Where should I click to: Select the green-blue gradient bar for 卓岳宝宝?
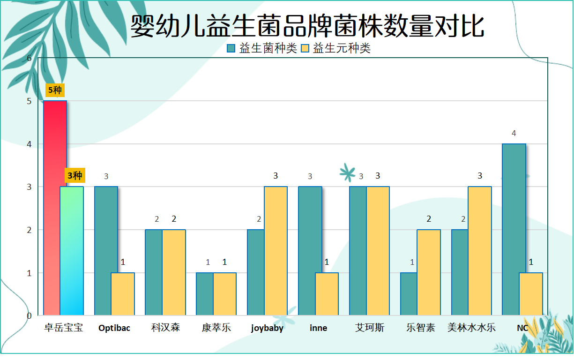(x=72, y=251)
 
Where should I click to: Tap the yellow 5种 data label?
(x=55, y=90)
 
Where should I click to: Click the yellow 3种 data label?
(x=75, y=176)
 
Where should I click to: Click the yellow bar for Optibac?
(x=123, y=294)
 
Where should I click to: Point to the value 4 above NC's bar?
(x=514, y=133)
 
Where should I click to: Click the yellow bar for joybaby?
(x=276, y=251)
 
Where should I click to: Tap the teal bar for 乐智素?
(x=409, y=294)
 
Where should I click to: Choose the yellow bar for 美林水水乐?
(x=480, y=251)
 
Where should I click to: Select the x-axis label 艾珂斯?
(x=369, y=328)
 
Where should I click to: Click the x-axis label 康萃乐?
(x=216, y=328)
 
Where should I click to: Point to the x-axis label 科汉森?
(x=165, y=328)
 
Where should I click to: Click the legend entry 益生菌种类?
(x=262, y=48)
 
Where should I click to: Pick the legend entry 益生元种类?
(x=335, y=48)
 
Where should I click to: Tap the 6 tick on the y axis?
(x=29, y=58)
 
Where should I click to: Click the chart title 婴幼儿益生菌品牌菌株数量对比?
(x=307, y=26)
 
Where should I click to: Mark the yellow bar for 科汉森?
(x=174, y=272)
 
